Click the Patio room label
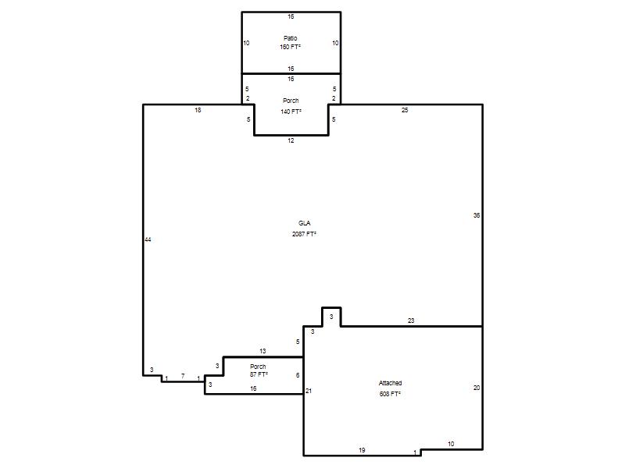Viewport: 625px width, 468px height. tap(290, 38)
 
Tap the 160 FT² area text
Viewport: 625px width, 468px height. tap(290, 47)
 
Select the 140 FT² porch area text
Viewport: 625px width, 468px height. tap(291, 112)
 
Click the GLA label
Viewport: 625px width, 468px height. tap(304, 223)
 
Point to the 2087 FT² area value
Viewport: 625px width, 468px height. tap(304, 234)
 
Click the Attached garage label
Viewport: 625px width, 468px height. tap(390, 383)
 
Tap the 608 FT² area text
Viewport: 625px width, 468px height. tap(390, 394)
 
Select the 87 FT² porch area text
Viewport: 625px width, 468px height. tap(259, 374)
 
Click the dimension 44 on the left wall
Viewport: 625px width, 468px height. tap(148, 239)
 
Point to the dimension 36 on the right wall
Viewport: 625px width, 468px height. tap(477, 215)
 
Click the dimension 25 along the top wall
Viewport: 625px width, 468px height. tap(405, 110)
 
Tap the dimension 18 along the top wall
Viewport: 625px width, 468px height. tap(198, 110)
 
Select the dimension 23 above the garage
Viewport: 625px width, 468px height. tap(411, 321)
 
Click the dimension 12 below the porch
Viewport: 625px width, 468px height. tap(291, 140)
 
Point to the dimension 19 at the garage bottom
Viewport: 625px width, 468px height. tap(362, 450)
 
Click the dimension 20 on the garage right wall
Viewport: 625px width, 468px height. tap(477, 388)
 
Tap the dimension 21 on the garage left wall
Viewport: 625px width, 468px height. tap(309, 391)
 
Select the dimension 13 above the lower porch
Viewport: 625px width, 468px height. tap(262, 351)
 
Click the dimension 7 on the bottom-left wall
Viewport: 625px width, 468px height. tap(183, 376)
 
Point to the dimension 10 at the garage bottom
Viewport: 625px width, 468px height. tap(451, 444)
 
